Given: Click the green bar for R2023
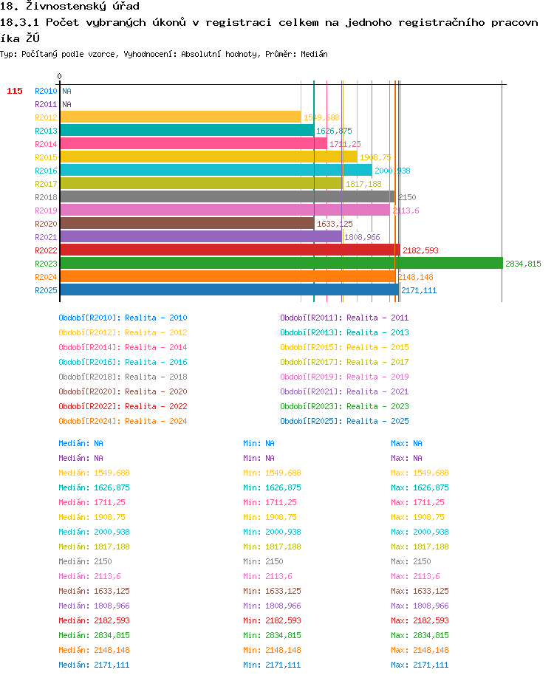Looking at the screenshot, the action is click(281, 264).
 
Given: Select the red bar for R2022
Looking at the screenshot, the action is click(230, 250).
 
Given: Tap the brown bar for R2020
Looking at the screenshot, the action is click(188, 224).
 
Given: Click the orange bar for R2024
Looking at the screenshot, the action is click(228, 277).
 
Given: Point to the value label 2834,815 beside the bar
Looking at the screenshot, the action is click(523, 264).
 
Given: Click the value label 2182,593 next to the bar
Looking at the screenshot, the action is click(420, 250).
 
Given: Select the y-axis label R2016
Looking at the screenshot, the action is click(46, 171).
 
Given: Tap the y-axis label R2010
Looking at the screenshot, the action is click(46, 91).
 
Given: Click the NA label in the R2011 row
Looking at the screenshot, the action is click(66, 104).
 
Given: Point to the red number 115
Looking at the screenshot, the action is click(15, 91).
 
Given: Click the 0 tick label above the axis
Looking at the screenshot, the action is click(59, 76).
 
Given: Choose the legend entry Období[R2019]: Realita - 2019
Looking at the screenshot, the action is click(344, 377).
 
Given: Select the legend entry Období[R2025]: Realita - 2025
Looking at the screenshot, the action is click(344, 421).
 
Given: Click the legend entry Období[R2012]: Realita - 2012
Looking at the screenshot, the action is click(123, 332).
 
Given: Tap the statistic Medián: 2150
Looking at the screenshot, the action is click(85, 561).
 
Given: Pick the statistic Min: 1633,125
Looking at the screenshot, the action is click(272, 591).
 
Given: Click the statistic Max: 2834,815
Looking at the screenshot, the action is click(420, 635).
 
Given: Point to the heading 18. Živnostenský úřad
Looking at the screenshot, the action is click(69, 6).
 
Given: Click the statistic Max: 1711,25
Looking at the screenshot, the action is click(417, 502).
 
